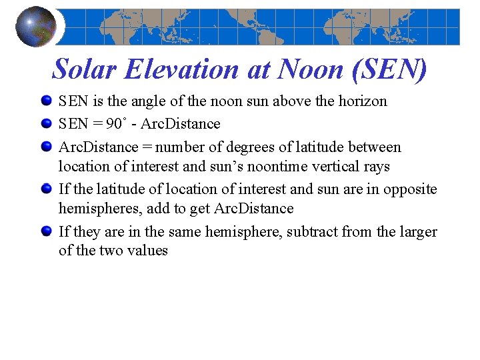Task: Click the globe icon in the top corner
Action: pos(36,27)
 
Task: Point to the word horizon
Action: pos(361,101)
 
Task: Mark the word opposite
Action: pos(412,189)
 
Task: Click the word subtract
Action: pos(313,232)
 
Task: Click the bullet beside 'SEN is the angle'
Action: pos(46,101)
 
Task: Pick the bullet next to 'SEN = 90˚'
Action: pos(46,124)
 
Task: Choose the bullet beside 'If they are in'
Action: pos(46,232)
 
